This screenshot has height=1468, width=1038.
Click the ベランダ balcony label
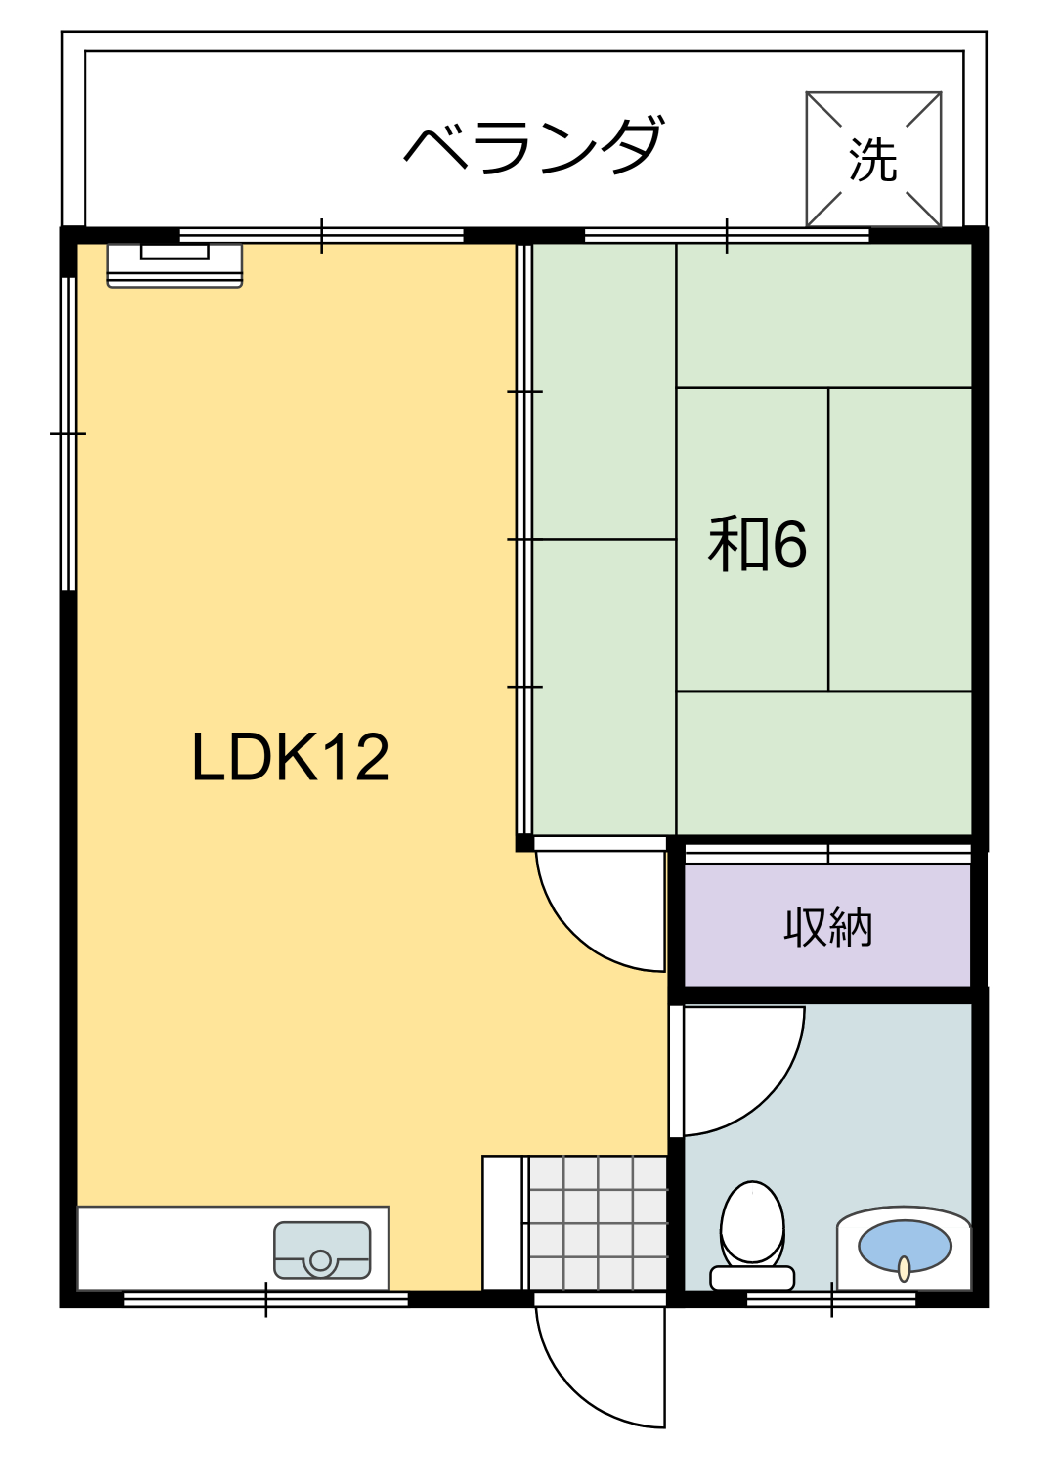pos(534,145)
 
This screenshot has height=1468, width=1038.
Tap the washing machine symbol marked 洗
pos(873,159)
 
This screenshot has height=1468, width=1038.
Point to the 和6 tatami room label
pos(757,544)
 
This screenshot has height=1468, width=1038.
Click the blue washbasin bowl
pos(905,1246)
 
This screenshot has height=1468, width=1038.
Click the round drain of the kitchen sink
pos(320,1260)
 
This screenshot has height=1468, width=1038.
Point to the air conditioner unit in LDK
pos(174,265)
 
